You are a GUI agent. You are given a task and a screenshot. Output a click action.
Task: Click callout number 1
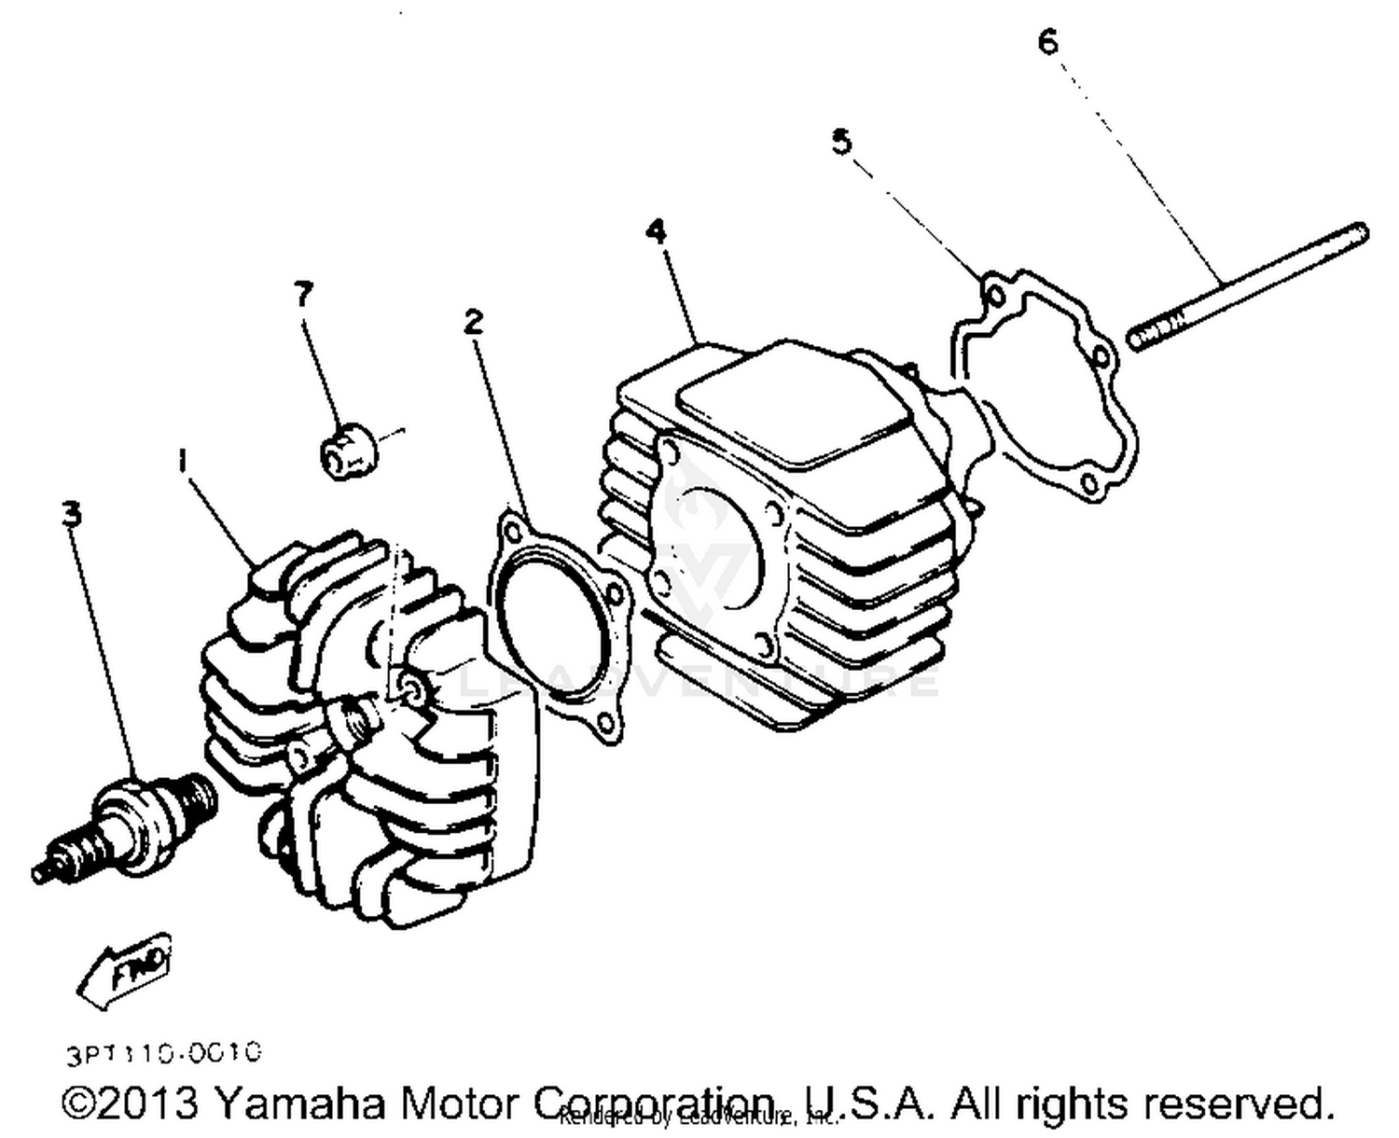coord(183,461)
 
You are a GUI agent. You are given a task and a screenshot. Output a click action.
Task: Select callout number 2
coord(474,322)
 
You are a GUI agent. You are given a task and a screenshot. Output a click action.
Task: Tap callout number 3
coord(71,513)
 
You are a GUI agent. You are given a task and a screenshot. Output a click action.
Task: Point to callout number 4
coord(658,230)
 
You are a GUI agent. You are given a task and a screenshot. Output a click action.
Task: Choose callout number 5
coord(841,142)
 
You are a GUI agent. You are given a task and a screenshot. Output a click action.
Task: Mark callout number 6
coord(1048,42)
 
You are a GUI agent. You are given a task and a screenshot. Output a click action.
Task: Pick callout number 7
coord(303,294)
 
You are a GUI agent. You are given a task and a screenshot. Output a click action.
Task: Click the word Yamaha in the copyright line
coord(298,1103)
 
